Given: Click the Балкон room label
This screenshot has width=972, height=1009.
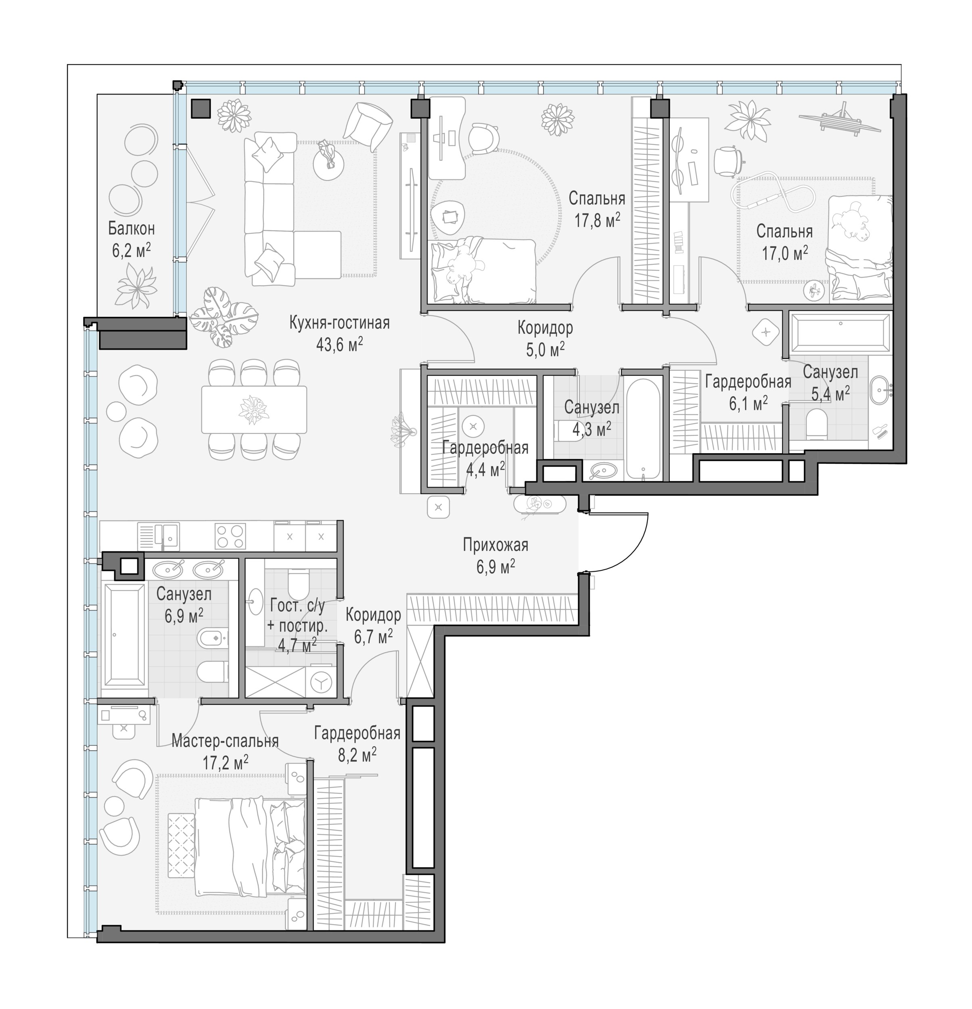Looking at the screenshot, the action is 131,228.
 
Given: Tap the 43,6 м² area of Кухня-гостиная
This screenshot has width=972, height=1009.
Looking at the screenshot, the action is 340,344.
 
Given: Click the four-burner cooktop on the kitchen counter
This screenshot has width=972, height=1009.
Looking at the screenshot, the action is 230,536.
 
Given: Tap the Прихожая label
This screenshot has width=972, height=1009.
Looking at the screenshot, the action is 495,544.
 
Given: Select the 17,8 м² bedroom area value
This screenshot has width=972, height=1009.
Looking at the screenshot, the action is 597,220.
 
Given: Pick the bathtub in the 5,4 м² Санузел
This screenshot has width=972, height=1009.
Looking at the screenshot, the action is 840,333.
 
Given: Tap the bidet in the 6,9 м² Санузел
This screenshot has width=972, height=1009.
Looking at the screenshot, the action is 213,638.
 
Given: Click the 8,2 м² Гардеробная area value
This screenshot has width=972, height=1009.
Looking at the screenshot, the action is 357,755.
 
